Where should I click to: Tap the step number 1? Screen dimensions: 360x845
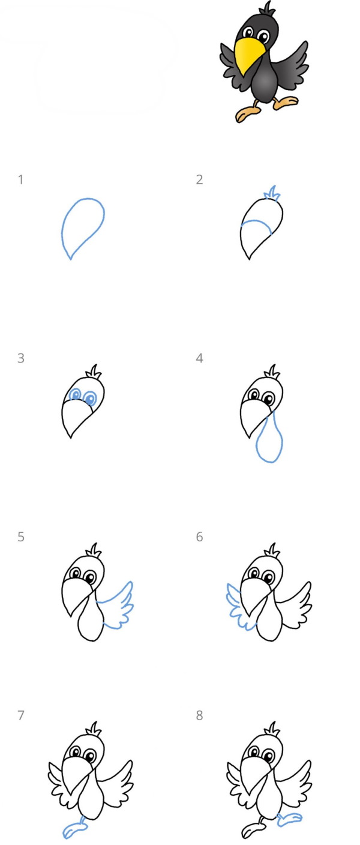(21, 179)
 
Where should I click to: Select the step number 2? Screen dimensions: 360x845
(199, 179)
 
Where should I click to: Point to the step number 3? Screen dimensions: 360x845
(21, 358)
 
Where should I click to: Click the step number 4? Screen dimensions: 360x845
(199, 358)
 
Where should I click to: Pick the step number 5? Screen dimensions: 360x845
(21, 537)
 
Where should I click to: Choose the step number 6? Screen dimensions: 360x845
(199, 537)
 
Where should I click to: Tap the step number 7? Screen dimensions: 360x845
(21, 715)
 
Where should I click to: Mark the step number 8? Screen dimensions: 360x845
(199, 715)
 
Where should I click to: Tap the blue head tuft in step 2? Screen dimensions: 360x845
(272, 193)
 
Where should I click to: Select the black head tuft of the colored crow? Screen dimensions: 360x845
(268, 8)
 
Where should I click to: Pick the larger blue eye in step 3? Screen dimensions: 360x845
(90, 398)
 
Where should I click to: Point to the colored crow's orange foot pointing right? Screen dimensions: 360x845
(286, 102)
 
